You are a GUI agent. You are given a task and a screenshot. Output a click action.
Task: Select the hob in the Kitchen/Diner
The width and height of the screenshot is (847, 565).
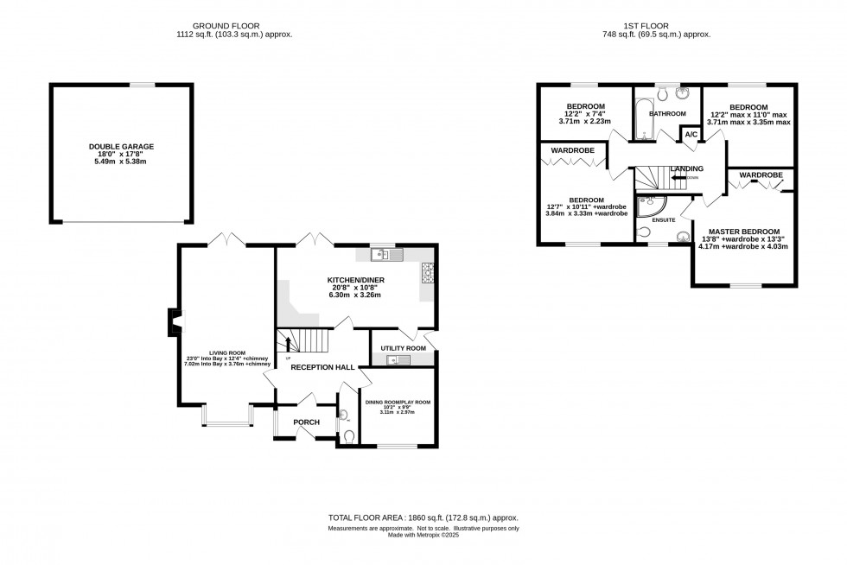tap(427, 273)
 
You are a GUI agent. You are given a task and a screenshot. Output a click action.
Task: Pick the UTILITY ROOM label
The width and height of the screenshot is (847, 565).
tap(404, 348)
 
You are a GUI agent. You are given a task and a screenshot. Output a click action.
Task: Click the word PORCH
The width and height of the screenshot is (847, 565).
tap(307, 422)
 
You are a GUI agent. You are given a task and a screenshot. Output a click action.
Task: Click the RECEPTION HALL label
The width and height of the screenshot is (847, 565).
tap(322, 367)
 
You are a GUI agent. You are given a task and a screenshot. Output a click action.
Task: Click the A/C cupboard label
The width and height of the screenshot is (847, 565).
tap(691, 136)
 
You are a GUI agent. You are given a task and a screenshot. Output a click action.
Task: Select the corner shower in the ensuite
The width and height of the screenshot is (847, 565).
tap(646, 206)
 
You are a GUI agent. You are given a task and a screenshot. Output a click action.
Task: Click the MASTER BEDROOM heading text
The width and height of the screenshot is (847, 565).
tap(743, 232)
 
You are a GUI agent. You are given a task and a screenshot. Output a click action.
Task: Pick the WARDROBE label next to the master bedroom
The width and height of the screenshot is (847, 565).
tap(761, 175)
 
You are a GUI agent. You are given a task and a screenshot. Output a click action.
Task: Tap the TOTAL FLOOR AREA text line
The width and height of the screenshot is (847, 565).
tap(423, 517)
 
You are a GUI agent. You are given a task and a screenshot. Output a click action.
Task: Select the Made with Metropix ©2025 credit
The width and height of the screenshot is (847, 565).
tap(423, 535)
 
